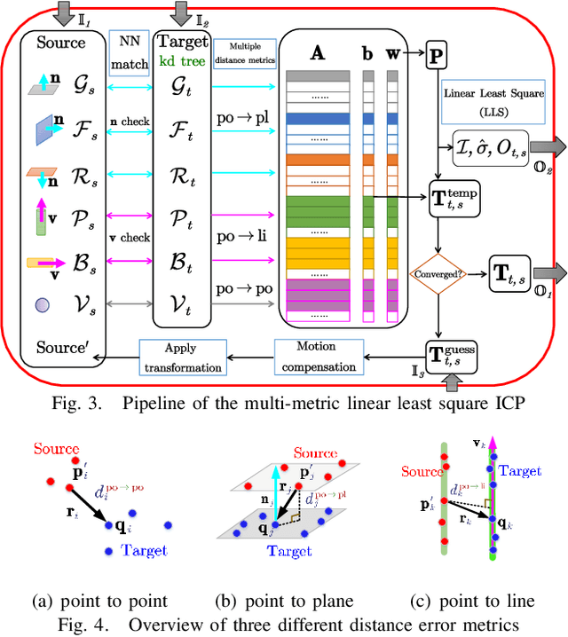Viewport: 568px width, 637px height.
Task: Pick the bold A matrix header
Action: pyautogui.click(x=317, y=51)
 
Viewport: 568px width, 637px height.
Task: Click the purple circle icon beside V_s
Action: pyautogui.click(x=41, y=304)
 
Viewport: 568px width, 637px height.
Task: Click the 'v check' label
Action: pyautogui.click(x=129, y=238)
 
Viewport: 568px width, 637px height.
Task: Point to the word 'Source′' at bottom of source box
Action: pyautogui.click(x=61, y=348)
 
